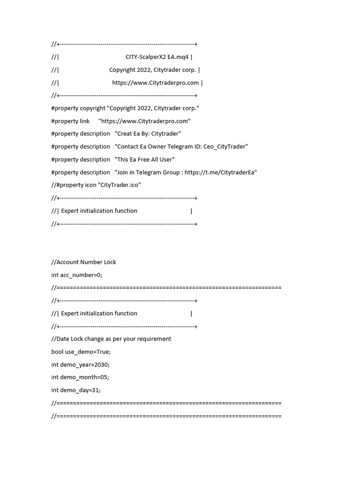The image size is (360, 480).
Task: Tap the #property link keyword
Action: [x=70, y=121]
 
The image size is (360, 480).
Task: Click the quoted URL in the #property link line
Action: [x=144, y=121]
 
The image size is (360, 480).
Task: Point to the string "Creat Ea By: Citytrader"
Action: [x=148, y=134]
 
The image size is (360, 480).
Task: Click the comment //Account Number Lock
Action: [x=83, y=262]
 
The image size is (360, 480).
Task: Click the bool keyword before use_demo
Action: [x=57, y=352]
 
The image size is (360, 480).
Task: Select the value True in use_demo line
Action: [x=103, y=352]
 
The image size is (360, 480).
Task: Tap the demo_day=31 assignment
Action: [x=76, y=390]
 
